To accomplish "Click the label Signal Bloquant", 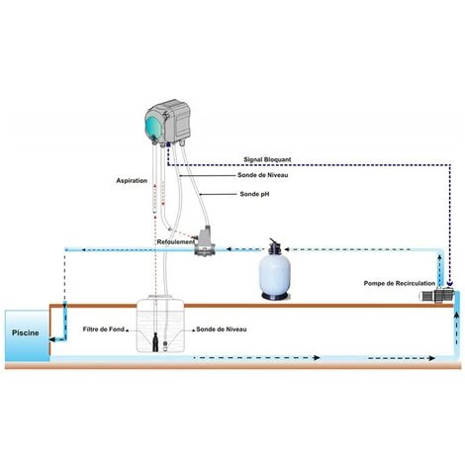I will [274, 158].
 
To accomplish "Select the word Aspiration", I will [132, 181].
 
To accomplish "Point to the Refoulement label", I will [176, 241].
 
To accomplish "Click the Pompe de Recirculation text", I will [400, 283].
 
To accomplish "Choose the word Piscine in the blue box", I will [26, 333].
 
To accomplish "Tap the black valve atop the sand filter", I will [274, 247].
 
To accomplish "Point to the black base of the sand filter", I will [274, 301].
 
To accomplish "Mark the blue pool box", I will [24, 336].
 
